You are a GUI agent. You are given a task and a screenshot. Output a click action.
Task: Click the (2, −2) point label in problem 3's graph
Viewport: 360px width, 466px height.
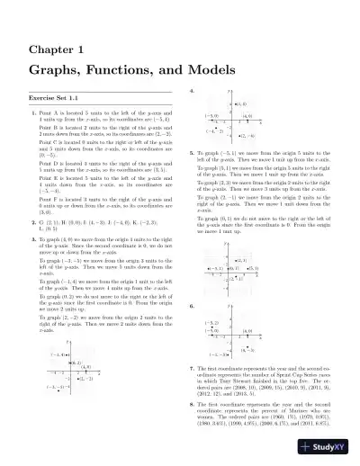coord(85,378)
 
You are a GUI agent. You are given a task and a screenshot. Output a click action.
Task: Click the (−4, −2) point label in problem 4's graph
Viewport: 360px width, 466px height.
coord(212,130)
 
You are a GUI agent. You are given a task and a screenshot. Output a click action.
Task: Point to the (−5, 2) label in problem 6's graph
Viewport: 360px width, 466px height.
coord(212,321)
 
